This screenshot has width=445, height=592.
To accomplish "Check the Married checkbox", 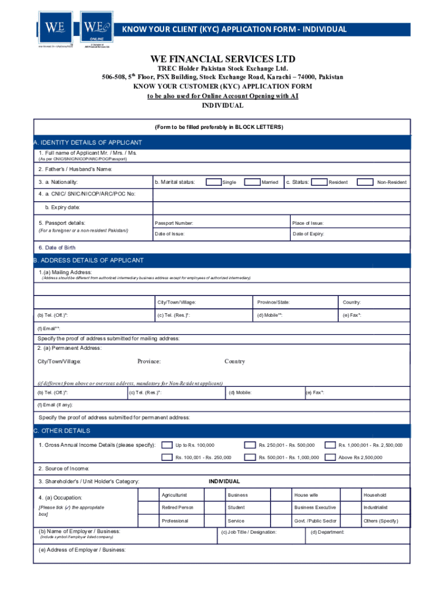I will coord(252,182).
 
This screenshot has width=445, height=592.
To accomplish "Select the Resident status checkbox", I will coord(318,182).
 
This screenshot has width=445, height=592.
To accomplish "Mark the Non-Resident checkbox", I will coord(365,182).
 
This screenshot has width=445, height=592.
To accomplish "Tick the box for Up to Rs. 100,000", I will coord(166,445).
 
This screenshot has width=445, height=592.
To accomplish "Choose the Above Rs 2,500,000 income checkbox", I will coord(330,457).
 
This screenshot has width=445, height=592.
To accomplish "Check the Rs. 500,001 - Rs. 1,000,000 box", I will coord(250,457).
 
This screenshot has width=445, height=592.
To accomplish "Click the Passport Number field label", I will coord(173,223).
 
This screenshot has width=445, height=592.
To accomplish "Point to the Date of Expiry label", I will coord(309,234).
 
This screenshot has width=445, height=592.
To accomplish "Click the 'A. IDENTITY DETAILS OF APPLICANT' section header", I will coord(88,142).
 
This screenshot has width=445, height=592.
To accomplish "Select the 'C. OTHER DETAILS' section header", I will coord(62,431).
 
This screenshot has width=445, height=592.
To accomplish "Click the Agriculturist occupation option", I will coord(174,495).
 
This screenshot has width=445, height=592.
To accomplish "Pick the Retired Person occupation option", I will coord(177,508).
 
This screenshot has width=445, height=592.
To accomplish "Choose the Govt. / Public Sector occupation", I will coord(315,521).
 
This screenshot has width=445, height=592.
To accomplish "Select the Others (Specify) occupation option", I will coord(380,521).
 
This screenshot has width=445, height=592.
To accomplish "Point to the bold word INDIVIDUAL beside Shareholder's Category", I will coord(224,481).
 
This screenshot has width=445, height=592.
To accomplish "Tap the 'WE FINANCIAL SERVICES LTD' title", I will coord(222,59).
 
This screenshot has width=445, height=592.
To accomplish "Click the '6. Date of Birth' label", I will coord(57,247).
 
